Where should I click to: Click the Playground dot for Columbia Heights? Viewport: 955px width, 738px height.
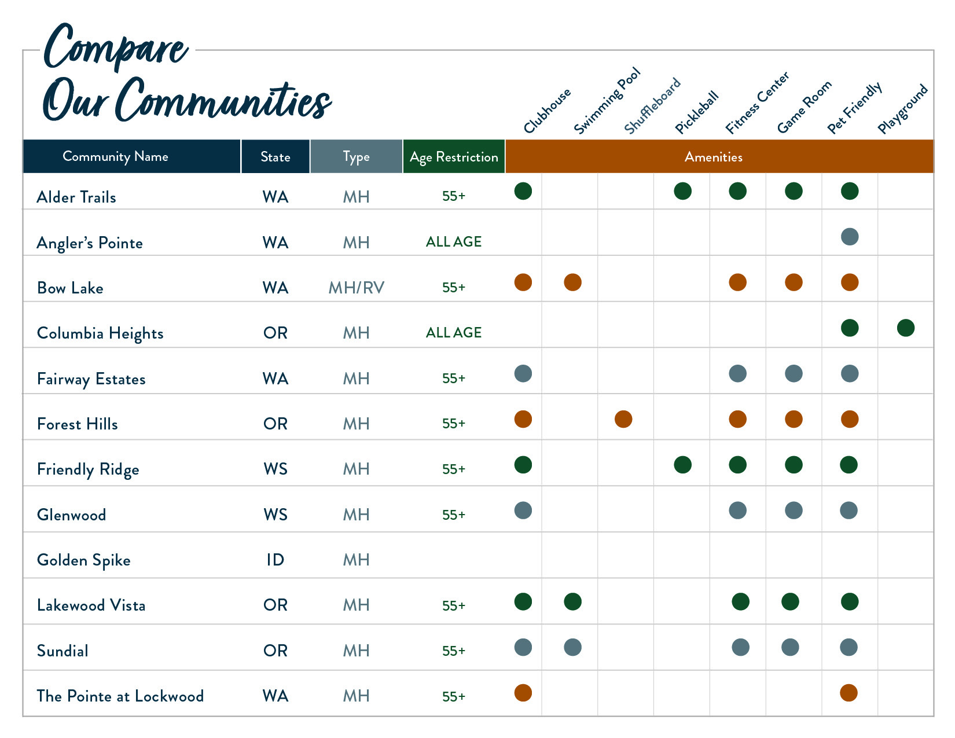pyautogui.click(x=905, y=328)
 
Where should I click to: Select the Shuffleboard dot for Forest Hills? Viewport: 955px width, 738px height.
pyautogui.click(x=623, y=419)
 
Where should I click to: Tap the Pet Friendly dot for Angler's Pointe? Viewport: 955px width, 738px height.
pyautogui.click(x=849, y=237)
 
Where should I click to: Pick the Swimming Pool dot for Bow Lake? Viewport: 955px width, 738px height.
pyautogui.click(x=572, y=282)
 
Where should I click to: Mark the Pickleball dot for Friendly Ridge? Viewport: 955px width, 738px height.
pyautogui.click(x=682, y=465)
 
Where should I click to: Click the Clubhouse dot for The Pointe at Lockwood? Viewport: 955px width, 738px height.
pyautogui.click(x=523, y=693)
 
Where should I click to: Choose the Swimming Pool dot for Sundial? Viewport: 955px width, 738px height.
pyautogui.click(x=572, y=647)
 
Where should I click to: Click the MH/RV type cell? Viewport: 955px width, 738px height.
pyautogui.click(x=356, y=288)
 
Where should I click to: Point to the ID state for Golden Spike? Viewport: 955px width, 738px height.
pyautogui.click(x=275, y=560)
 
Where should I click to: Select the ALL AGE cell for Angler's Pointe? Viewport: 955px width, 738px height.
pyautogui.click(x=454, y=242)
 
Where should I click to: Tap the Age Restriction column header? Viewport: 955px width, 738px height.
pyautogui.click(x=454, y=157)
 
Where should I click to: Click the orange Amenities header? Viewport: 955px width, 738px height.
pyautogui.click(x=713, y=157)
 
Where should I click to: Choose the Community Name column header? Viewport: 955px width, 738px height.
pyautogui.click(x=115, y=156)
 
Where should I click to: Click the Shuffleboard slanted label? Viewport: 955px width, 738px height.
pyautogui.click(x=652, y=106)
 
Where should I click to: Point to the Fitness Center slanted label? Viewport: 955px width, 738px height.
pyautogui.click(x=757, y=103)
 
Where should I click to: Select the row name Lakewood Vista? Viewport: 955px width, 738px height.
pyautogui.click(x=91, y=605)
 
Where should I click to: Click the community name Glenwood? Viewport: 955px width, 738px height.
pyautogui.click(x=71, y=515)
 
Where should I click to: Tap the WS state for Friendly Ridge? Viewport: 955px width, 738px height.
pyautogui.click(x=275, y=469)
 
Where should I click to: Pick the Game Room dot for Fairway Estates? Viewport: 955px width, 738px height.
pyautogui.click(x=793, y=373)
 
